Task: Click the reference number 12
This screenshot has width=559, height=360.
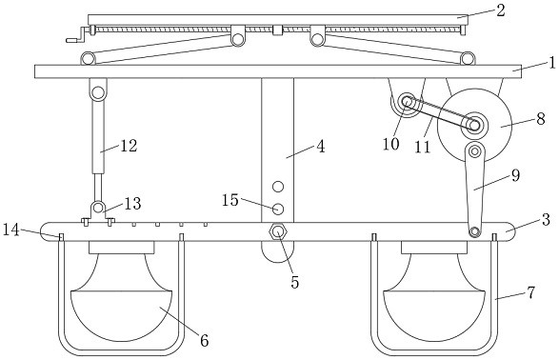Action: (x=129, y=146)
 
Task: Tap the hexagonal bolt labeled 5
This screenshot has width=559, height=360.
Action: (x=277, y=232)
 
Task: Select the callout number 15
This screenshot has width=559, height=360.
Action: (x=230, y=200)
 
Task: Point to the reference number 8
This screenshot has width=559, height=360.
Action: (x=541, y=119)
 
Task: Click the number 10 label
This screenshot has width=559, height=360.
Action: (x=390, y=144)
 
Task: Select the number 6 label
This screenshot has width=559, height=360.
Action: (x=204, y=340)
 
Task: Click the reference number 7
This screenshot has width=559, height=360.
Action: (x=531, y=293)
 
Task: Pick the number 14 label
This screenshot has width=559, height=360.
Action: (x=11, y=230)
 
